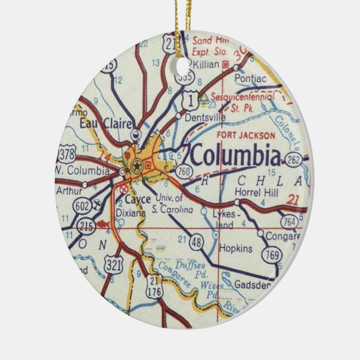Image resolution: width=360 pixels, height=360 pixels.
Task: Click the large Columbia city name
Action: [x=234, y=156]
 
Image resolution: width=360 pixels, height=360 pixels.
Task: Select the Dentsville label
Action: [x=200, y=116]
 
